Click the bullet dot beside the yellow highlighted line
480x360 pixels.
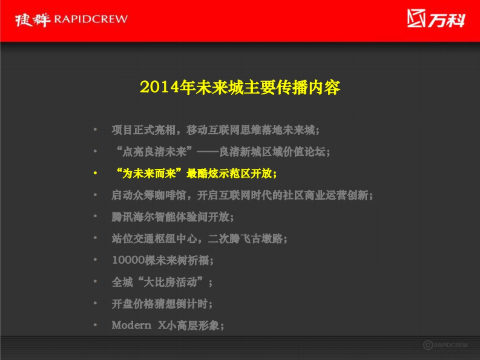[95, 174]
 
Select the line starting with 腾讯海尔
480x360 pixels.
[172, 217]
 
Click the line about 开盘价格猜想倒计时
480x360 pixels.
[162, 304]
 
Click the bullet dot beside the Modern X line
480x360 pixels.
[95, 325]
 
